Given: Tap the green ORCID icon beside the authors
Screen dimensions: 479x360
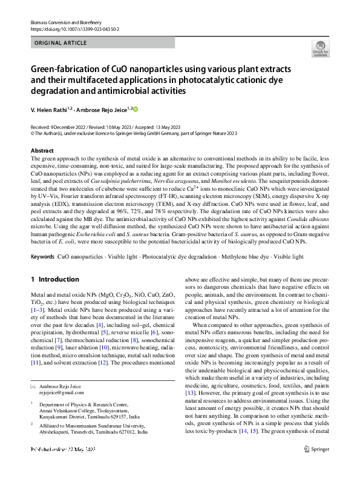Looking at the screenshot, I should (135, 109).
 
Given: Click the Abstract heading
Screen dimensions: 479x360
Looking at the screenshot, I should (42, 150).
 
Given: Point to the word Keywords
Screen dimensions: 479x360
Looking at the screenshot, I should (42, 257).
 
